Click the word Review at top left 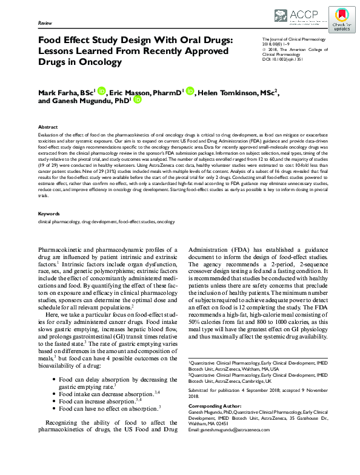45,22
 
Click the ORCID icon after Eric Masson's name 190,92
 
